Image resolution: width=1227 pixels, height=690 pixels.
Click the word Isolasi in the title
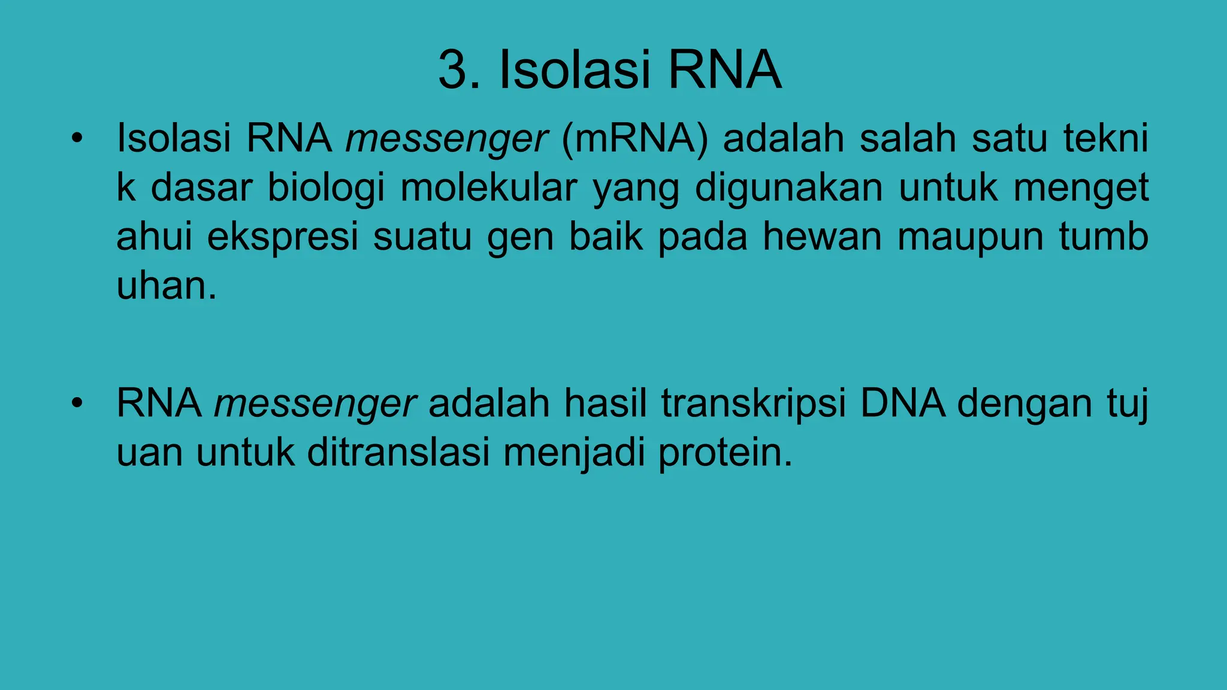point(576,71)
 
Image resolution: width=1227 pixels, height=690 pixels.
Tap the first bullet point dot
point(76,139)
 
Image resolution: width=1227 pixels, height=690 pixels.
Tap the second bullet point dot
point(76,404)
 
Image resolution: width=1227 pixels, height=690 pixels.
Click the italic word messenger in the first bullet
point(446,139)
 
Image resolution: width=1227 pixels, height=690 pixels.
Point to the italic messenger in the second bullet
point(315,404)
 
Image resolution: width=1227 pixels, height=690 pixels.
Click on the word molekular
point(489,188)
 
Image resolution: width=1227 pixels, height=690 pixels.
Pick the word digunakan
point(788,188)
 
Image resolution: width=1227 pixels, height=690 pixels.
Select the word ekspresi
point(283,237)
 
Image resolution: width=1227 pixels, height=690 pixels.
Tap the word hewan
point(822,237)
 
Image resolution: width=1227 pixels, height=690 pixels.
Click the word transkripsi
point(754,404)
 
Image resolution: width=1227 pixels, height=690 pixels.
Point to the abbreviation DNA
point(903,404)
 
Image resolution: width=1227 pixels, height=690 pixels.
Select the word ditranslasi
point(398,453)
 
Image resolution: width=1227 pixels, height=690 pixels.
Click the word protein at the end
point(724,453)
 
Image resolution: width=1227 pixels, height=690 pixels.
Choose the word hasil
point(605,404)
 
